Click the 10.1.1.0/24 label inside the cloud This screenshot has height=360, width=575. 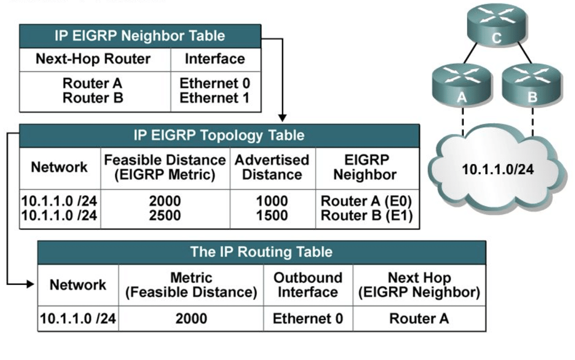497,170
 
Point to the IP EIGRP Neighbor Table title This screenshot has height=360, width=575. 140,36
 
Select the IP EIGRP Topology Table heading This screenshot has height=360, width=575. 219,135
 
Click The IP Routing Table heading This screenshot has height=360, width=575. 261,252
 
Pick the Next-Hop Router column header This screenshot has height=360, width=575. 93,59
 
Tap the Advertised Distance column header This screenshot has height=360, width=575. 272,167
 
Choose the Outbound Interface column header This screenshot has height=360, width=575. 307,285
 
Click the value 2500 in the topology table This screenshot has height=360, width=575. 165,216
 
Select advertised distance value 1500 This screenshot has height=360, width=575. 272,216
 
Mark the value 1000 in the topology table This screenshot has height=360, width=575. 272,202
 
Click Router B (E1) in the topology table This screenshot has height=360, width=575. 366,216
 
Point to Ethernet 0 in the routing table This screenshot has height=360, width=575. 307,318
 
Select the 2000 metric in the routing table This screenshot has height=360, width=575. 191,318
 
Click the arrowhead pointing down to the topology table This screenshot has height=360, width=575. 283,117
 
